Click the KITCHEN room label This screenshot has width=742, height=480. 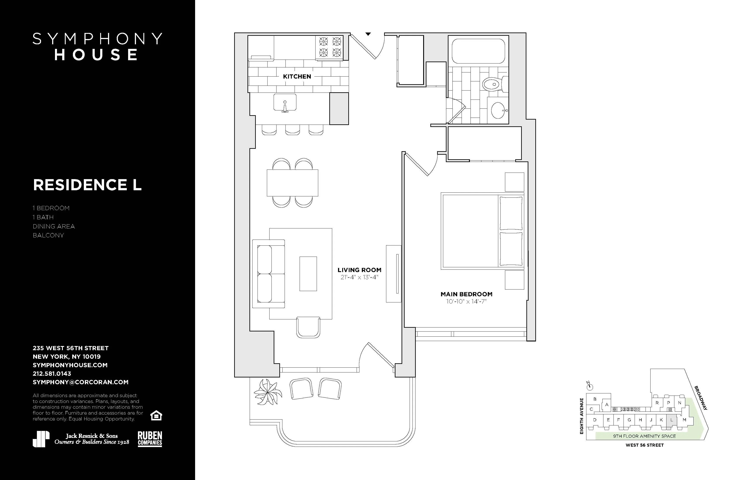pos(297,76)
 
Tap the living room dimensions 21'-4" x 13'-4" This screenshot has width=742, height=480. pos(359,277)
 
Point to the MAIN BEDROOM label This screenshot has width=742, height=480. pos(466,294)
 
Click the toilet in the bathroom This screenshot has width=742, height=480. pos(494,84)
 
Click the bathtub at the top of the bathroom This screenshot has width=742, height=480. pos(478,51)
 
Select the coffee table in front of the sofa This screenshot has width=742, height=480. pos(308,274)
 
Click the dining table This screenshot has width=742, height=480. pos(292,183)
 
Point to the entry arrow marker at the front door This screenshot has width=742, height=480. pos(368,34)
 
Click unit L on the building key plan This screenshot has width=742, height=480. pos(672,420)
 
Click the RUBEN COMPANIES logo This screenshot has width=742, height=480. pos(150,439)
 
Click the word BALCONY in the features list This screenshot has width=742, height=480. pos(48,235)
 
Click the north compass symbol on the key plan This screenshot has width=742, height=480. pos(589,386)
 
